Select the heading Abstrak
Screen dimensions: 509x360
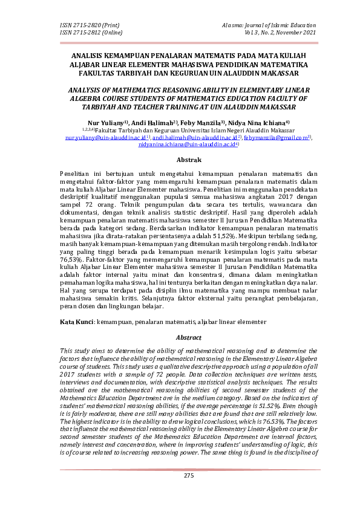188,160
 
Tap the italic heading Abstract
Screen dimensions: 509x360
188,338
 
